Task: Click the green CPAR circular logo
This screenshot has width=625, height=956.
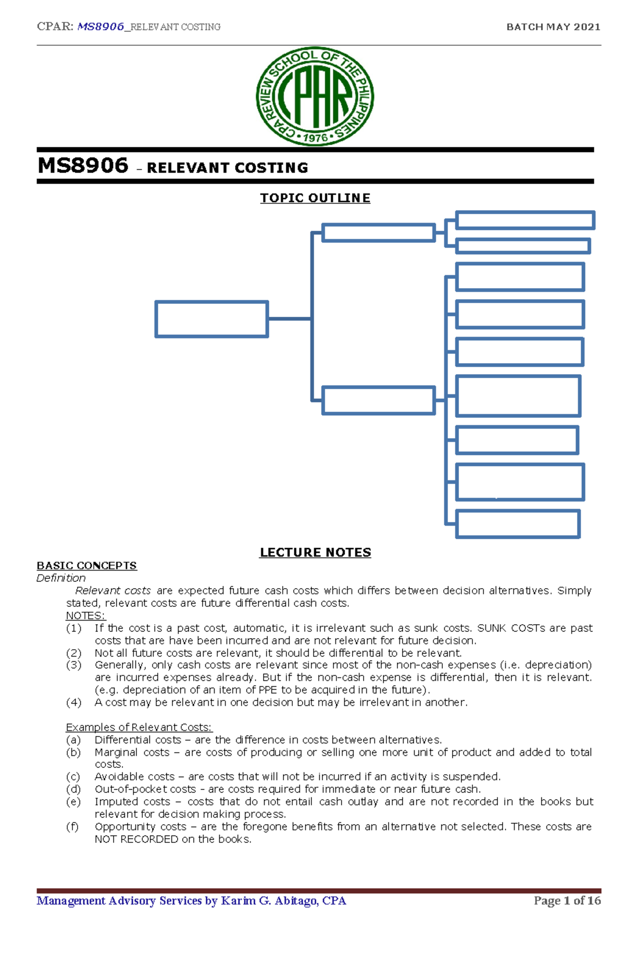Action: point(315,96)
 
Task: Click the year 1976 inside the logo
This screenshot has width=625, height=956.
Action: point(315,138)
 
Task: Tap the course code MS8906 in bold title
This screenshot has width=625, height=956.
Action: point(83,166)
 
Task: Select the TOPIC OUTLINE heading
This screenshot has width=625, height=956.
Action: point(315,198)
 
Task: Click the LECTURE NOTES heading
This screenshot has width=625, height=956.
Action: point(315,552)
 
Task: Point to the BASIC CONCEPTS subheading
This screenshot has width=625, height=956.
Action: point(86,566)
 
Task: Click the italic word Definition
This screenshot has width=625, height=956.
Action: point(61,578)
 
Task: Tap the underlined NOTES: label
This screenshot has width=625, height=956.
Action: point(85,616)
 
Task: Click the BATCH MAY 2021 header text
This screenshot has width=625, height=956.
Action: point(553,27)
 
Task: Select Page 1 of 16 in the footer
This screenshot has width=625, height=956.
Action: point(567,901)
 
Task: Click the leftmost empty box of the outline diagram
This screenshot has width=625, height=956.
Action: point(211,319)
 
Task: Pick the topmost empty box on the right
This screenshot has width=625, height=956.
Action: point(524,220)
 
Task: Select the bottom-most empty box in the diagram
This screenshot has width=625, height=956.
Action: point(518,524)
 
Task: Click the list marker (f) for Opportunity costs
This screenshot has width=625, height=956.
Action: point(72,827)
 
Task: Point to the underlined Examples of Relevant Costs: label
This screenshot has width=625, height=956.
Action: point(139,727)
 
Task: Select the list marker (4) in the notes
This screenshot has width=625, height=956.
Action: point(73,702)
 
